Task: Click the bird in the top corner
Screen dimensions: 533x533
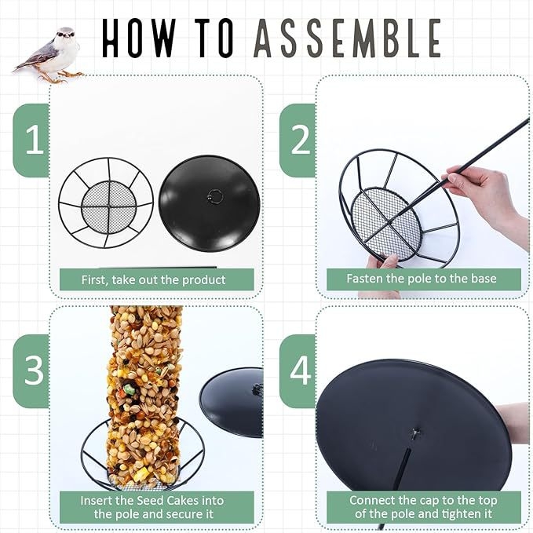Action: pos(51,54)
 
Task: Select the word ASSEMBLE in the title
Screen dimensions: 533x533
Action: pos(348,38)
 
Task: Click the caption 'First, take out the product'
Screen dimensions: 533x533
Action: pos(153,279)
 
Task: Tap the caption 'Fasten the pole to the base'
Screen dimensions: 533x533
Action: pos(422,279)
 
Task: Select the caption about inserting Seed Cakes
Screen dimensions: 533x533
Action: pos(152,507)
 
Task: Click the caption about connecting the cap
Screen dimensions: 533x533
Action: pos(423,507)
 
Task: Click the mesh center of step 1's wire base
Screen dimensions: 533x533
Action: pos(109,206)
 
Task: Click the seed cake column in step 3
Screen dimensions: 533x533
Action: pos(144,394)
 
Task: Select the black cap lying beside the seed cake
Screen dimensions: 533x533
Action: pos(232,401)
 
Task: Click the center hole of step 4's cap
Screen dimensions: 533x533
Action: pos(415,433)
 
